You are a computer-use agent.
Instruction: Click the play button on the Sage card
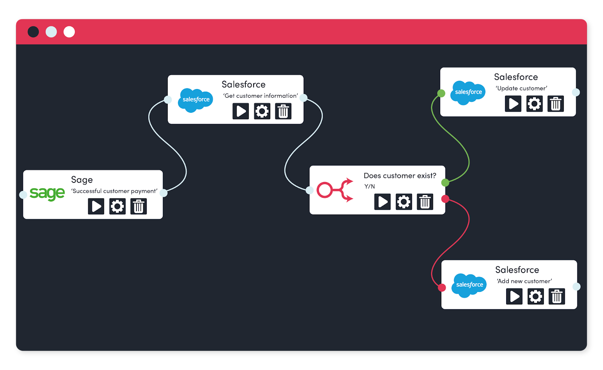coord(96,206)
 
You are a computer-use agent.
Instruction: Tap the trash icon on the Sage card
coord(139,206)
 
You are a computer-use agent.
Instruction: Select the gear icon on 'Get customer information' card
coord(262,111)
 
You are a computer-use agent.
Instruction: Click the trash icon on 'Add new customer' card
coord(557,296)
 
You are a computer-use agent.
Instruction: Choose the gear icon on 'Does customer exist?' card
coord(404,202)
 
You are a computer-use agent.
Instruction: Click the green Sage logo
coord(47,194)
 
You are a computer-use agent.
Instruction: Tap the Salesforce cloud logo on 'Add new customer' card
coord(469,285)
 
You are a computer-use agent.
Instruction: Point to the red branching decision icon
coord(335,190)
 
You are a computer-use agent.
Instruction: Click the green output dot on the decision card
coord(445,183)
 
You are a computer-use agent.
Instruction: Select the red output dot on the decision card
coord(445,199)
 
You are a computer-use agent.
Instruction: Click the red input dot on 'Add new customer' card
coord(442,288)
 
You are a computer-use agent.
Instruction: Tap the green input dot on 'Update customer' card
coord(441,93)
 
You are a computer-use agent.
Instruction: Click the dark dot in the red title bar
coord(33,32)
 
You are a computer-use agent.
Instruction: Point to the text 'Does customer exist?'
coord(400,176)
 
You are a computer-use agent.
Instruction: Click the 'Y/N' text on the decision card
coord(369,186)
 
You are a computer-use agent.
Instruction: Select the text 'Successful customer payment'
coord(114,191)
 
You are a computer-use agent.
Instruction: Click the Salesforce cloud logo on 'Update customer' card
coord(468,92)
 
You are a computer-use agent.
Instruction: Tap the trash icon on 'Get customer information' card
coord(283,111)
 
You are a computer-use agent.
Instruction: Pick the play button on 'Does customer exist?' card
coord(383,202)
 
